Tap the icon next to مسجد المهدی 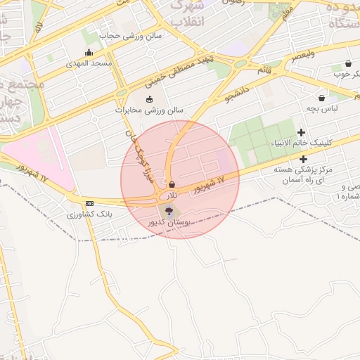point(88,53)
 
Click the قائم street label point(265,70)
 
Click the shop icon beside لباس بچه point(322,98)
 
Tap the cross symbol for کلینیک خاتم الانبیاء point(302,132)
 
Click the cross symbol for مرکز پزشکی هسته point(303,159)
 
